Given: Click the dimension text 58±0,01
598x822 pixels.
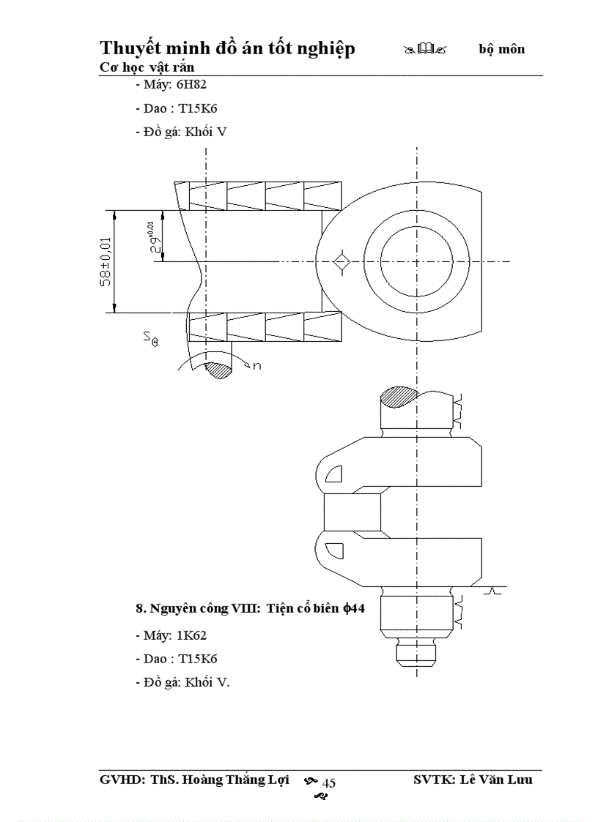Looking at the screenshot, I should [106, 261].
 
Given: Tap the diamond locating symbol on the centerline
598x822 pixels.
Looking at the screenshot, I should [340, 262].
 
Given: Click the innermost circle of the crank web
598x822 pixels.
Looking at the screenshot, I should [416, 261].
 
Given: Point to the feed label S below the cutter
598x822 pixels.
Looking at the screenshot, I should [149, 337].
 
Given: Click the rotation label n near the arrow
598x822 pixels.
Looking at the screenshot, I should [256, 365].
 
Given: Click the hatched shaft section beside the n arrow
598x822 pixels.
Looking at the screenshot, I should [218, 370].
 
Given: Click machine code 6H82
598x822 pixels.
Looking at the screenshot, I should [192, 84].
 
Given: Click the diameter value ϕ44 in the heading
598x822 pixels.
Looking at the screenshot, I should [354, 608].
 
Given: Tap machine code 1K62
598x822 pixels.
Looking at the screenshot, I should [192, 635].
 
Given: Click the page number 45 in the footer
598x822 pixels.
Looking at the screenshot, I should [329, 783].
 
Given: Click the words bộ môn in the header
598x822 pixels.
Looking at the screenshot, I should [502, 50].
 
